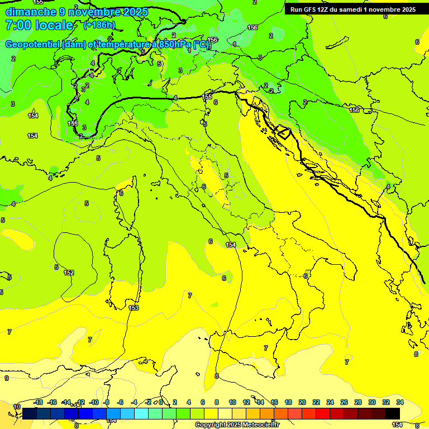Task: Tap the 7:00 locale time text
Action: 39,25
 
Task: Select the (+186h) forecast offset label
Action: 99,25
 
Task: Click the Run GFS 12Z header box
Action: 352,9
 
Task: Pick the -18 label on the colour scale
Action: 39,402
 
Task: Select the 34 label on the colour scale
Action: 401,402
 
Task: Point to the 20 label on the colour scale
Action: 302,402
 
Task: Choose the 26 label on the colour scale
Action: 344,402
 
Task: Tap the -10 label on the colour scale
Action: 94,402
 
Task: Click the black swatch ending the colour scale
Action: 393,413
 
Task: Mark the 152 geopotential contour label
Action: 69,273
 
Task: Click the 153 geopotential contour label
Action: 134,308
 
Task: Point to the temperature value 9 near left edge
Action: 6,378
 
